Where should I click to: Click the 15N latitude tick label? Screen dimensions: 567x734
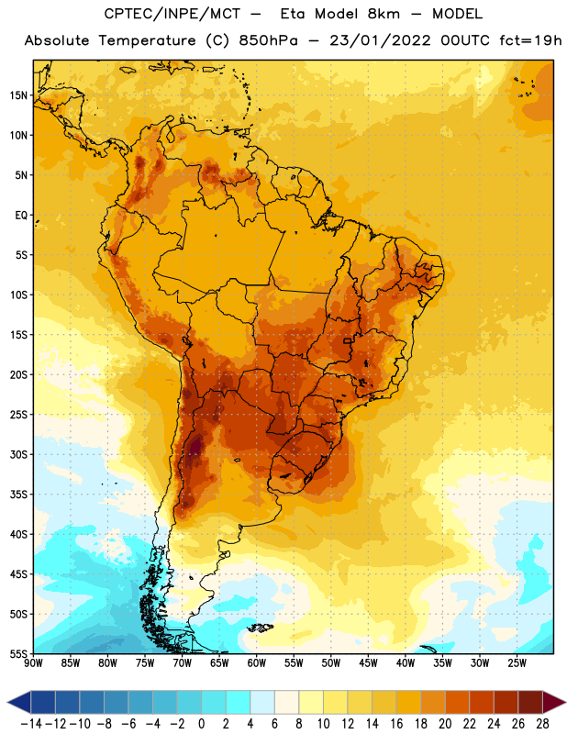pos(18,95)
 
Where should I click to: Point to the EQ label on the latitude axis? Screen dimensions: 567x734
pos(21,216)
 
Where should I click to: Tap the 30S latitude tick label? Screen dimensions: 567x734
pos(18,454)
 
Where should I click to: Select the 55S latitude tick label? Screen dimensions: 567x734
pos(18,654)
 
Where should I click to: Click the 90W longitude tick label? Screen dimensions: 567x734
pos(33,663)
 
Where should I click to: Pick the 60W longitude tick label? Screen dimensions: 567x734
pos(257,663)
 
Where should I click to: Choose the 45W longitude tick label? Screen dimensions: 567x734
pos(368,663)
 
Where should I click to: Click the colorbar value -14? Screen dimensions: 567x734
pos(31,724)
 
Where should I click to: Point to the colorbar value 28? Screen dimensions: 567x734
pos(542,724)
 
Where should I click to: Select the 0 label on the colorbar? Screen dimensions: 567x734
pos(201,724)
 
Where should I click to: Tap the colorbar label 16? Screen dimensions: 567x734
pos(396,724)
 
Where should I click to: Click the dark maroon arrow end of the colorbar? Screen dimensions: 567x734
pos(554,702)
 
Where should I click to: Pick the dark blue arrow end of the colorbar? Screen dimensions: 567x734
pos(19,702)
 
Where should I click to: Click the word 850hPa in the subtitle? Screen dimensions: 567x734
pos(268,40)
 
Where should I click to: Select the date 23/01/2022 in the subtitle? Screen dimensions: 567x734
pos(380,40)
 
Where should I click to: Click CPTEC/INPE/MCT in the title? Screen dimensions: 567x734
pos(172,14)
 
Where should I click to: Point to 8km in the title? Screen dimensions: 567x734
pos(384,14)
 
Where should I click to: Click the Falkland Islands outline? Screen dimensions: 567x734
pos(260,628)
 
